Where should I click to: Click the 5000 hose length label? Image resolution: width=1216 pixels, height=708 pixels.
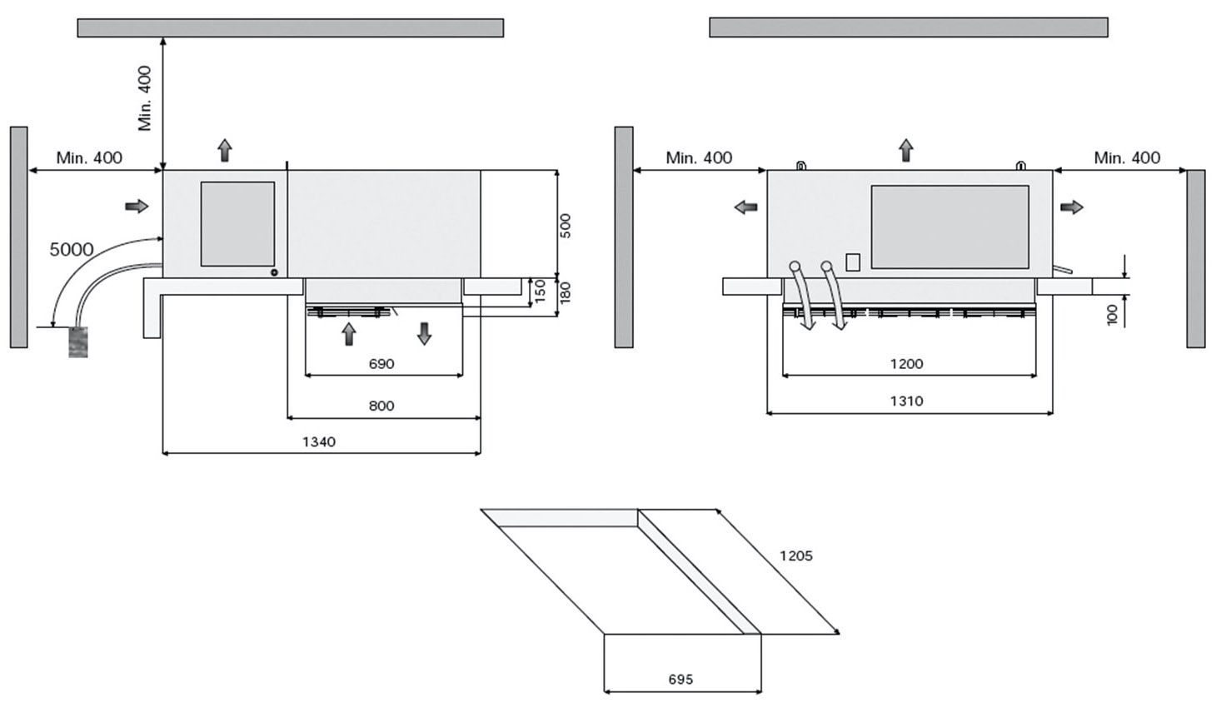[x=72, y=249]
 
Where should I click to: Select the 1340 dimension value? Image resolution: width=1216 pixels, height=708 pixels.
[x=318, y=441]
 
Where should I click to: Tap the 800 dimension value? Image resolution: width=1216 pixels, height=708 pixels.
[x=381, y=406]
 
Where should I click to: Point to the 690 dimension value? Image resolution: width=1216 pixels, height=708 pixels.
[x=381, y=364]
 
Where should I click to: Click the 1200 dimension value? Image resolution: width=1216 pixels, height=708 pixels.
[x=906, y=364]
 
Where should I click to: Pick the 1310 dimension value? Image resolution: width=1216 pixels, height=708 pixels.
[x=906, y=401]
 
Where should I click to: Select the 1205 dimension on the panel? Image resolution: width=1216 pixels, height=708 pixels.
[x=795, y=556]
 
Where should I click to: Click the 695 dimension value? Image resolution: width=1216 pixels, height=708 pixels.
[x=680, y=680]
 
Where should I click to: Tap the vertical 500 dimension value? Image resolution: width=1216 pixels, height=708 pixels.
[x=566, y=225]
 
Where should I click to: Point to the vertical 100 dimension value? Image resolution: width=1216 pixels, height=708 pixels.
[x=1113, y=315]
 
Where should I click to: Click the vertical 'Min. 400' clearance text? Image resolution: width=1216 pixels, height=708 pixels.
[x=146, y=98]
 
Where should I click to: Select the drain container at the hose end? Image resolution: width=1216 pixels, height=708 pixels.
[x=78, y=342]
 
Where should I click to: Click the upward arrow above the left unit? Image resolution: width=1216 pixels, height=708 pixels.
[x=225, y=151]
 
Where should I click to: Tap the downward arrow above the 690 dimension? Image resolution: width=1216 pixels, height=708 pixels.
[x=425, y=334]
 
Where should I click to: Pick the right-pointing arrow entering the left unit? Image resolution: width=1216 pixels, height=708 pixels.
[x=136, y=206]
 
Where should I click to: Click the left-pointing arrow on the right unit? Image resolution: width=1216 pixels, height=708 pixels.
[x=745, y=207]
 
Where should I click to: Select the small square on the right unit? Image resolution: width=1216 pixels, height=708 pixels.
[x=852, y=262]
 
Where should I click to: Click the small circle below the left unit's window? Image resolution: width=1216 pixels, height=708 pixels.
[x=273, y=272]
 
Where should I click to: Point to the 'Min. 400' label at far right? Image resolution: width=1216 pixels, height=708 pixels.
[x=1127, y=157]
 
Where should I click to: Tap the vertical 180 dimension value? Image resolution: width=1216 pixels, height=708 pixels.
[x=566, y=292]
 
